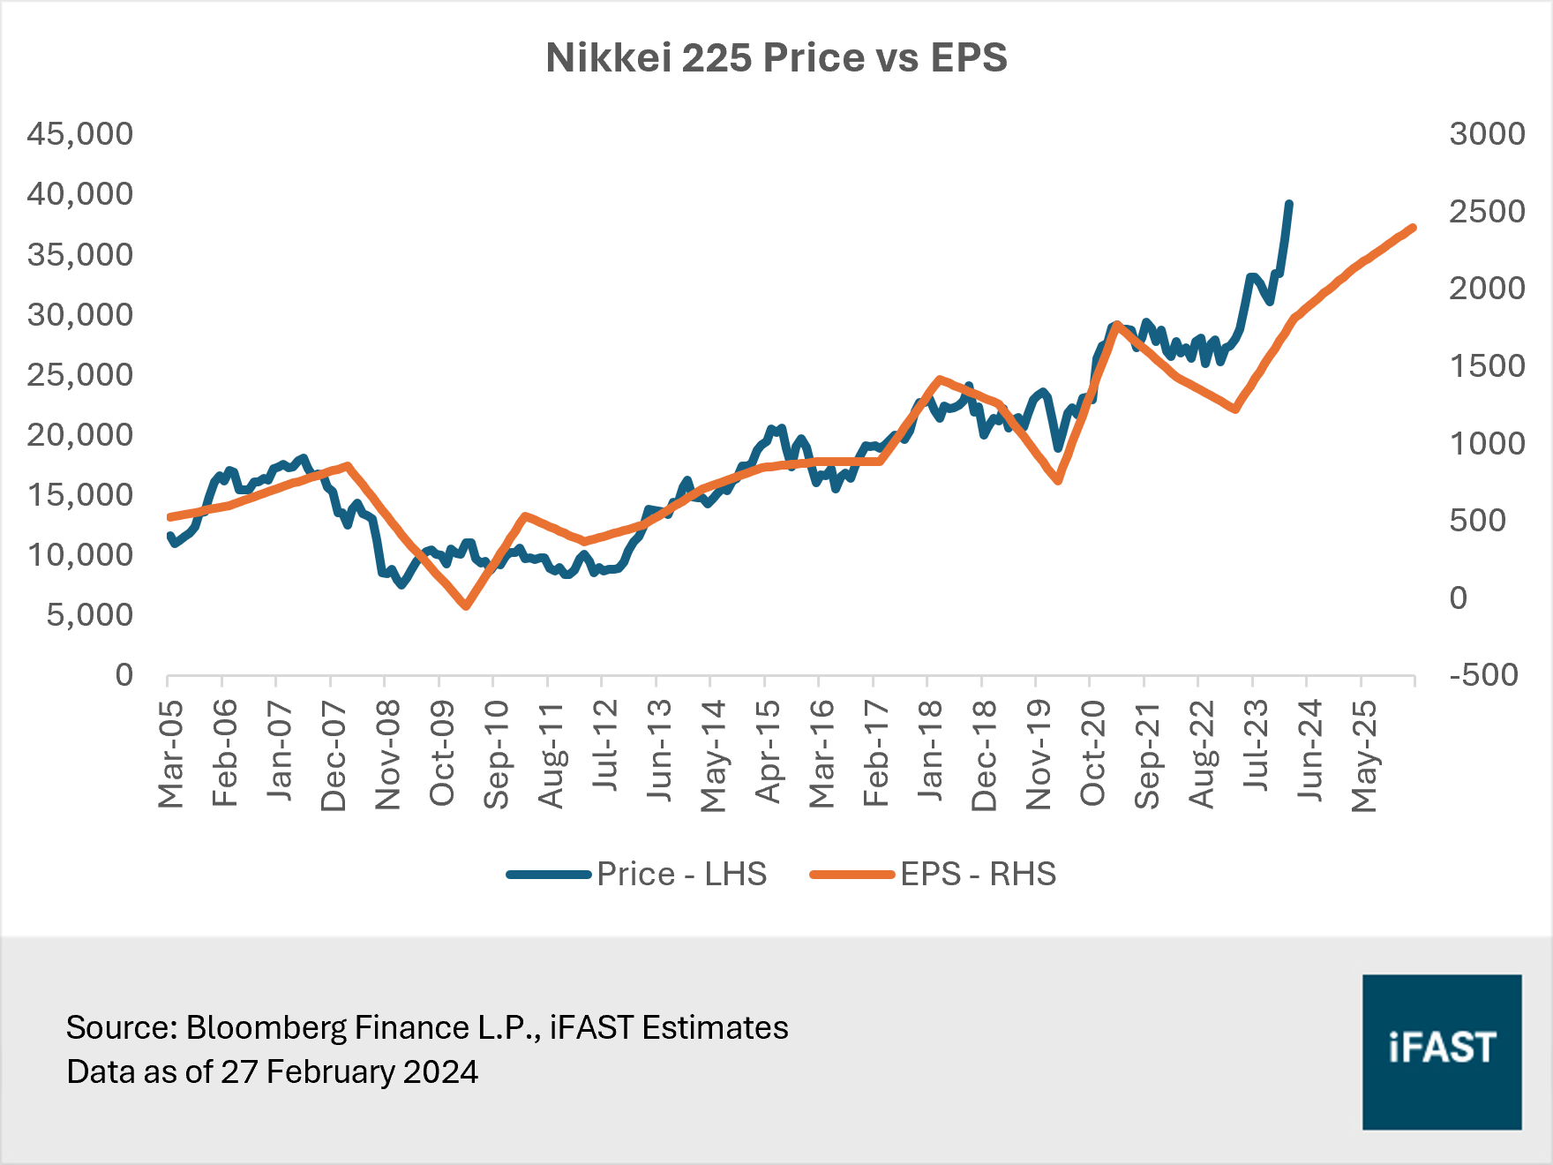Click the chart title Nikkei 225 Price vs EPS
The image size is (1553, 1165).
pyautogui.click(x=776, y=58)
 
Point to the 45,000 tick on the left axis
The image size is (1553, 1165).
pyautogui.click(x=79, y=134)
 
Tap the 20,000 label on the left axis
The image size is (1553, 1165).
pyautogui.click(x=79, y=435)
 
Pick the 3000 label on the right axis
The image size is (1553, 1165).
pyautogui.click(x=1487, y=134)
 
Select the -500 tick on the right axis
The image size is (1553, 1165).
pyautogui.click(x=1483, y=675)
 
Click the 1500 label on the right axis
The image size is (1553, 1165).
pyautogui.click(x=1487, y=366)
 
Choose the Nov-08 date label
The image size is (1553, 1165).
pyautogui.click(x=387, y=754)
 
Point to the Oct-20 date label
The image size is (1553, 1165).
pyautogui.click(x=1092, y=754)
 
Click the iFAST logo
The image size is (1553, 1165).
pyautogui.click(x=1442, y=1051)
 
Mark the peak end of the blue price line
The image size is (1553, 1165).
pyautogui.click(x=1289, y=204)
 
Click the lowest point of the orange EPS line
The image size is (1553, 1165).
pyautogui.click(x=466, y=606)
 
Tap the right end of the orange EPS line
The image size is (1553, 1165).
pyautogui.click(x=1414, y=228)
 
